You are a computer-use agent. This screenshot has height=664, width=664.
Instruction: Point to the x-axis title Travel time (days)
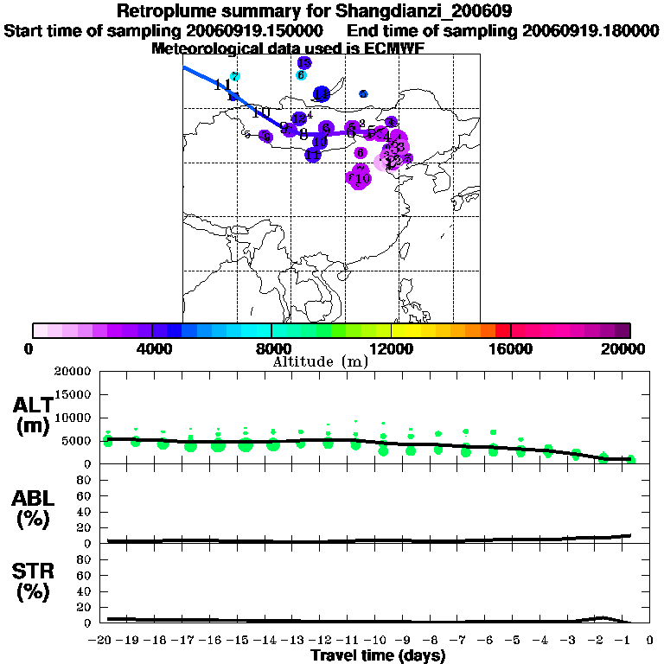click(378, 655)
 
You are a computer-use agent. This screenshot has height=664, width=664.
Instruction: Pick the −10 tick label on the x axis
click(378, 640)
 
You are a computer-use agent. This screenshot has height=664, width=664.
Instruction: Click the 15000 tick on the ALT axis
click(74, 394)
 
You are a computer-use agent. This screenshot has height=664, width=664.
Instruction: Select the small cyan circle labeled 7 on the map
click(234, 77)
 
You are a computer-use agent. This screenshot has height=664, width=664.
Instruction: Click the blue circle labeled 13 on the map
click(304, 63)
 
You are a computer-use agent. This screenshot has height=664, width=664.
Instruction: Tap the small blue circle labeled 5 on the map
click(363, 93)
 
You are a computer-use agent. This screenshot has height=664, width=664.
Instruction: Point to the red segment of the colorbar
click(501, 330)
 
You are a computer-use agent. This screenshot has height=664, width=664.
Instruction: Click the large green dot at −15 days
click(246, 445)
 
